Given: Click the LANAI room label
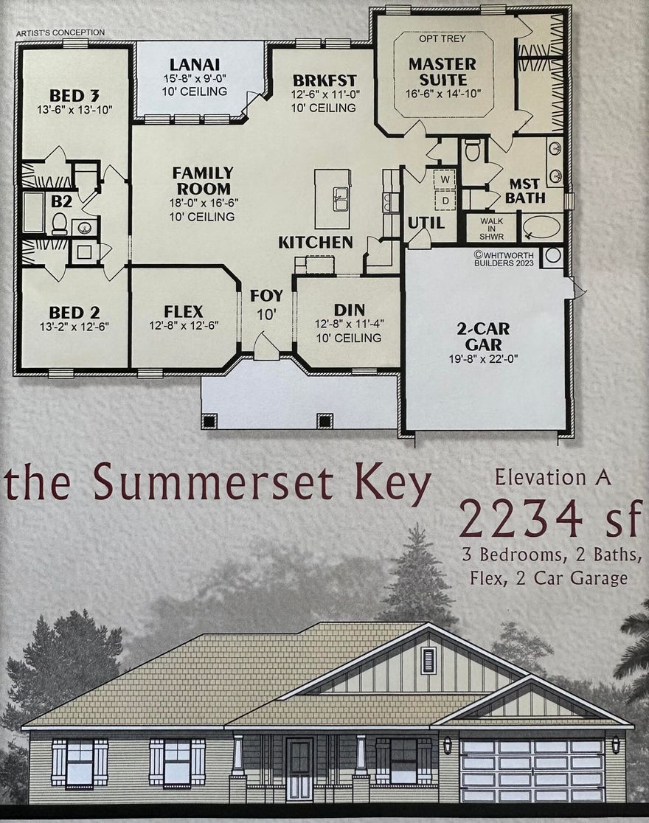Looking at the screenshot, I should [x=194, y=64].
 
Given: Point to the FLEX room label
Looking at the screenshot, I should [x=184, y=311].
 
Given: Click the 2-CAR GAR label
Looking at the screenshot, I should [x=483, y=336].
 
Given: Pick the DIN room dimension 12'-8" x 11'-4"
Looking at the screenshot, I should [x=348, y=324].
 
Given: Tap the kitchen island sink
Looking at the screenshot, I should [x=341, y=198].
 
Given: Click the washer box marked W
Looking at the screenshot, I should [x=445, y=179].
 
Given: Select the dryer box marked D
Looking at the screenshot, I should [x=445, y=199].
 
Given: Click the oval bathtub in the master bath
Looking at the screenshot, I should [x=542, y=226].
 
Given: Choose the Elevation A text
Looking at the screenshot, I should [x=552, y=477].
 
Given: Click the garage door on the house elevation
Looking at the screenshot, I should [x=532, y=770].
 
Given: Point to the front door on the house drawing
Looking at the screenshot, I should [x=299, y=768].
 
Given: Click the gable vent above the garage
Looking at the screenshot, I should [x=428, y=660].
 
